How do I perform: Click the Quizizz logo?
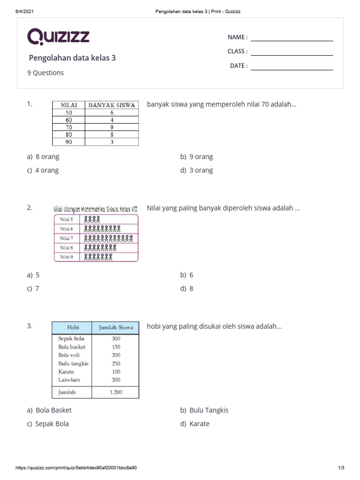point(58,36)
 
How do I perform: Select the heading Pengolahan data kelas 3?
point(72,58)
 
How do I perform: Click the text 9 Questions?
point(46,73)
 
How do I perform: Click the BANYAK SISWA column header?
point(112,105)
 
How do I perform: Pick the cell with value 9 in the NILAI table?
point(112,127)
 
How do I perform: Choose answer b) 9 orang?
point(196,157)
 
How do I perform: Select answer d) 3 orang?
point(196,170)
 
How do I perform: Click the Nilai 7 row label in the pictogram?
point(67,238)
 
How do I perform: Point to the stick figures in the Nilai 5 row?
point(92,219)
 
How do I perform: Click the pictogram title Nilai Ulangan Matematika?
point(96,209)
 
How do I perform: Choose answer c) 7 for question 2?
point(33,289)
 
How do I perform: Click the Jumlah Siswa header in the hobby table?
point(115,328)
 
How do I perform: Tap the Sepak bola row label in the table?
point(71,338)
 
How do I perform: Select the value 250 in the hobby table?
point(116,363)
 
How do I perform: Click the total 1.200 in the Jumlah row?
point(116,392)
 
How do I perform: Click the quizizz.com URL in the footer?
point(76,468)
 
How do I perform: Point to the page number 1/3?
point(341,468)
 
